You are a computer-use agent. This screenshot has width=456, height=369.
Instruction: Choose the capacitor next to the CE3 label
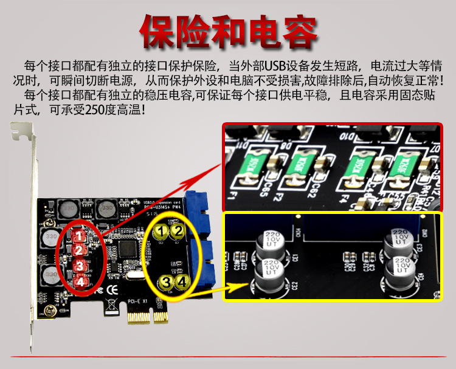tap(400, 242)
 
